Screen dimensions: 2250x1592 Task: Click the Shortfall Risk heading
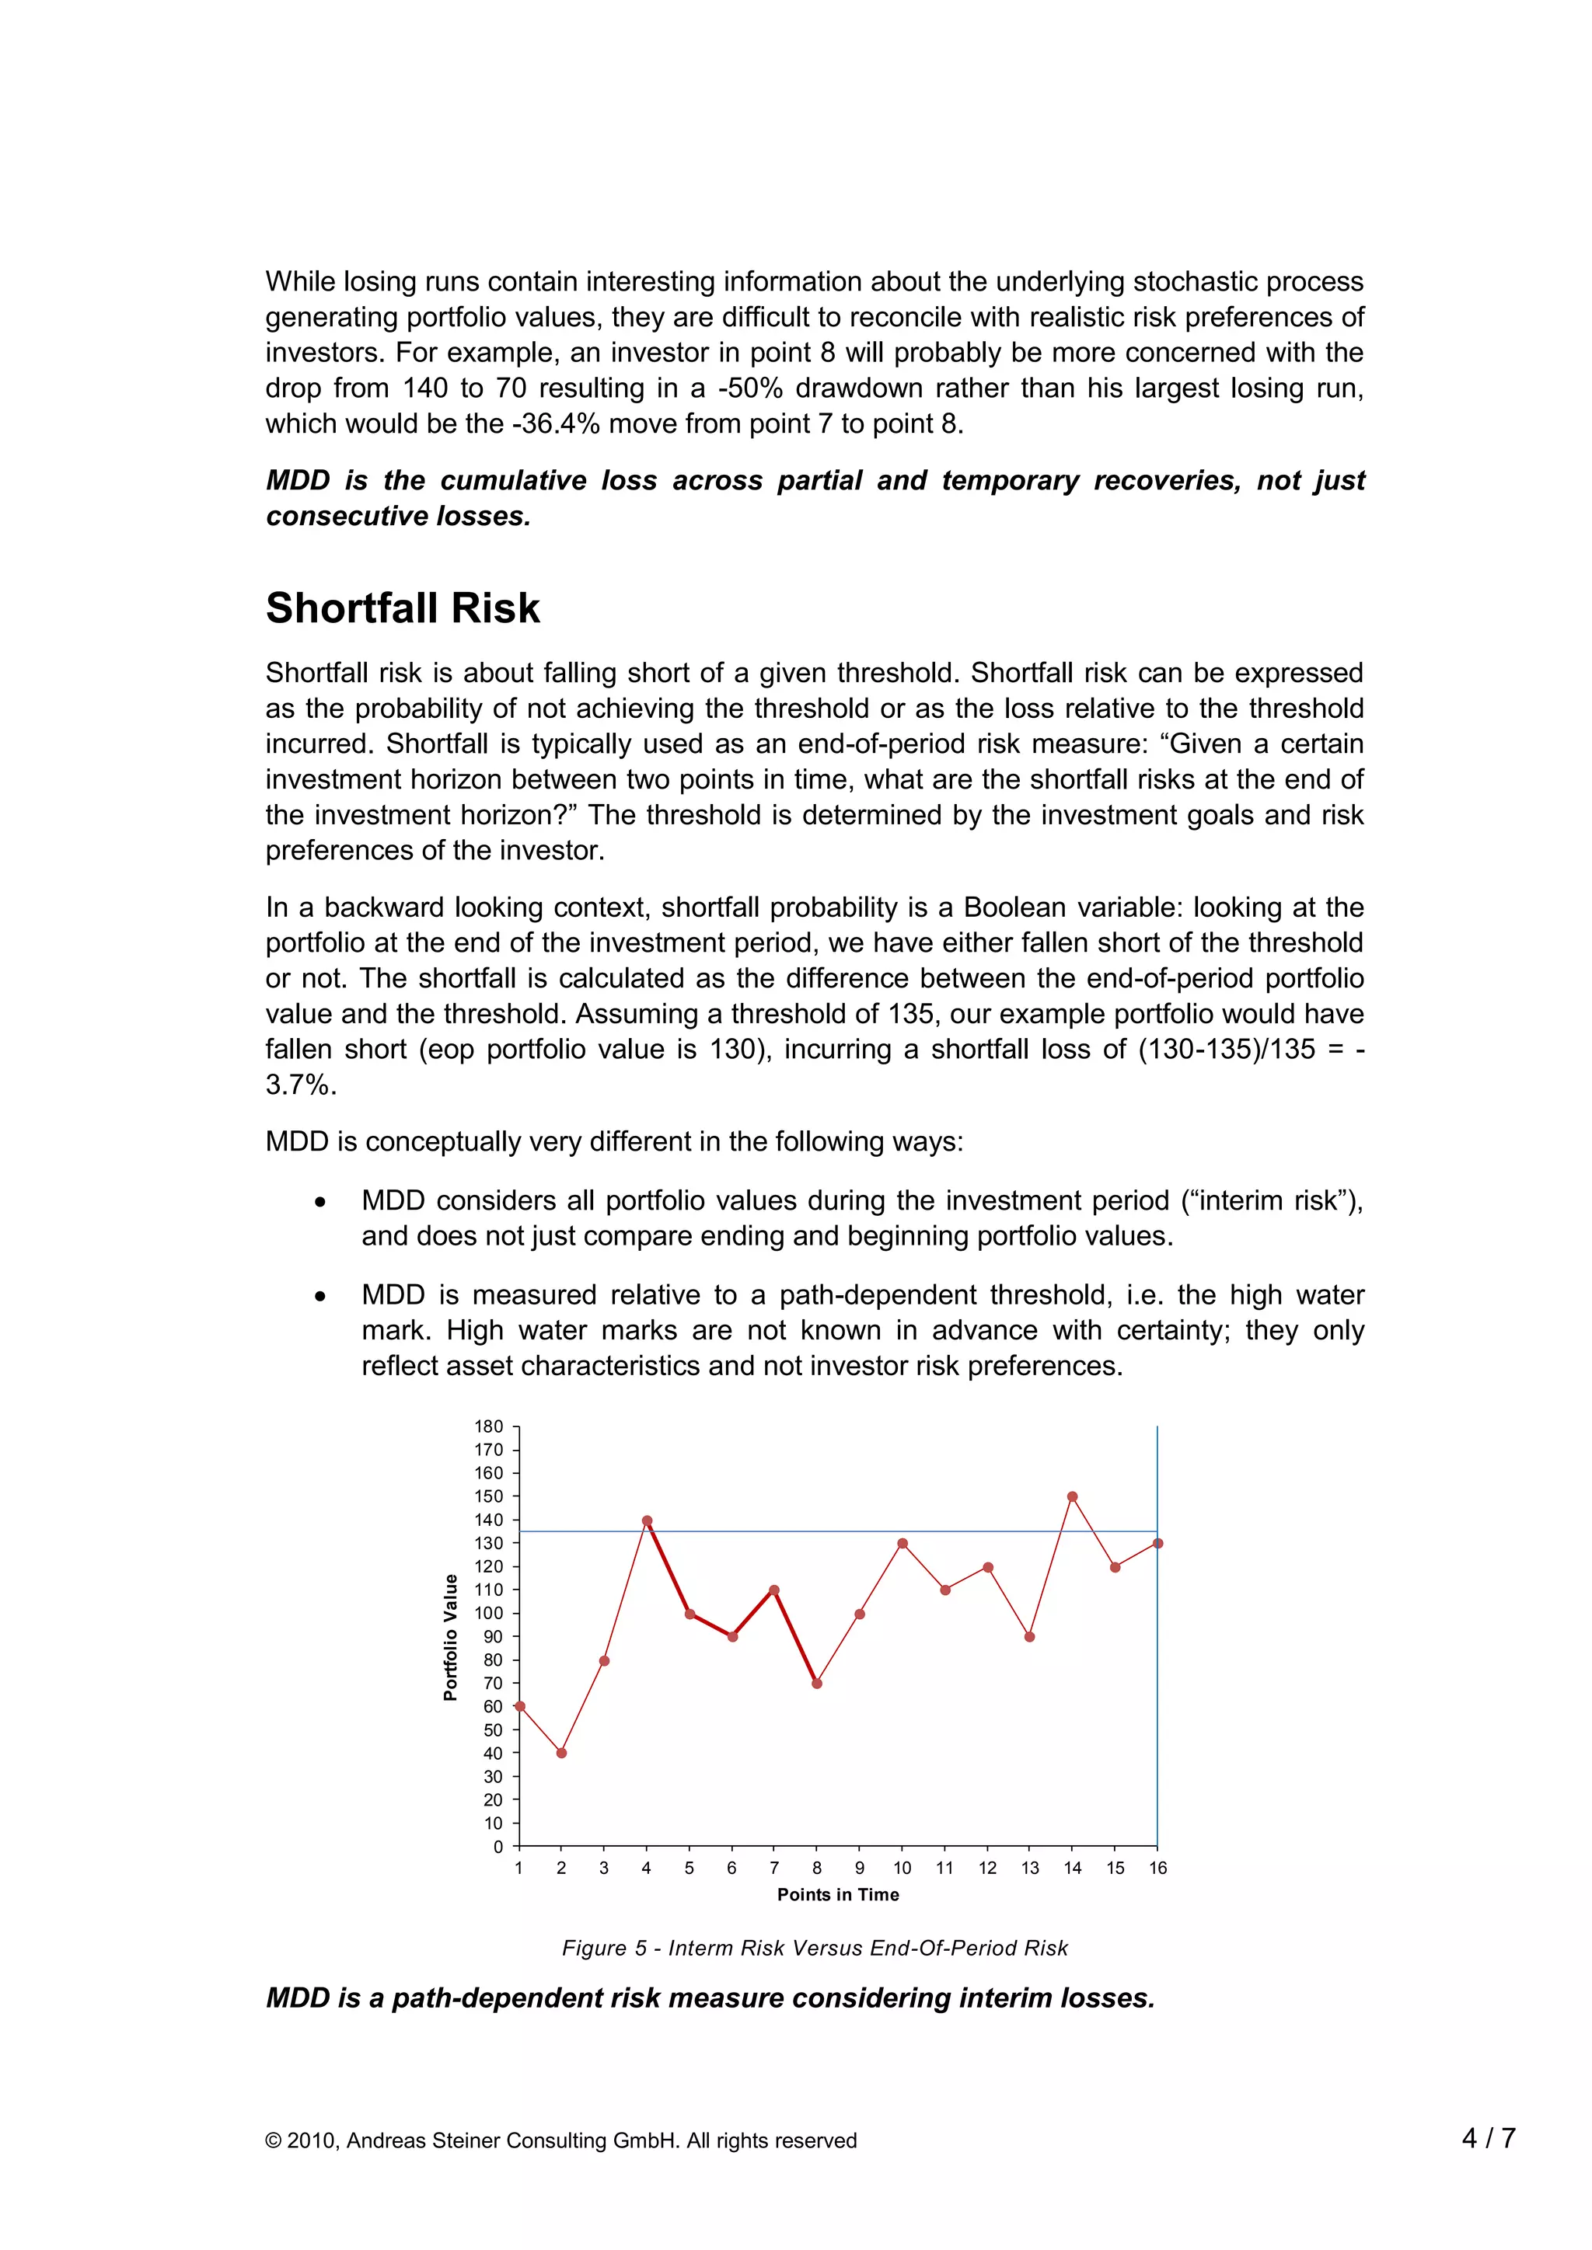click(x=402, y=608)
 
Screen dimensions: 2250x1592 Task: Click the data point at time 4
click(x=647, y=1521)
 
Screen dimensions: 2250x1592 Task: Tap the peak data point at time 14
click(x=1073, y=1496)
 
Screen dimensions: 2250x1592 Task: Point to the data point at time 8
click(x=816, y=1684)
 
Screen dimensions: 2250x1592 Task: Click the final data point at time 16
click(x=1157, y=1544)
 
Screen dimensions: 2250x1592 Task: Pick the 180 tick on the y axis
click(x=489, y=1426)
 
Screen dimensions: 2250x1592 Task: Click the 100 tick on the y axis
click(x=489, y=1613)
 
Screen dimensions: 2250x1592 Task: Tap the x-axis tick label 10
click(x=902, y=1868)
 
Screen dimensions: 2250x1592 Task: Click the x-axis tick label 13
click(x=1029, y=1868)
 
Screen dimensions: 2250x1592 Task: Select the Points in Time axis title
click(x=838, y=1895)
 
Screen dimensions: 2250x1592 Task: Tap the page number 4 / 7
click(x=1488, y=2138)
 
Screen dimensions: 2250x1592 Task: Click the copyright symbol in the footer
click(x=274, y=2141)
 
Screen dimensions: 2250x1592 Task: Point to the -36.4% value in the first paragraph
click(x=557, y=424)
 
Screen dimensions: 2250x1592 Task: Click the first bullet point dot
click(x=319, y=1203)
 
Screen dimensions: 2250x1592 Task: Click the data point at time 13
click(x=1029, y=1636)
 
